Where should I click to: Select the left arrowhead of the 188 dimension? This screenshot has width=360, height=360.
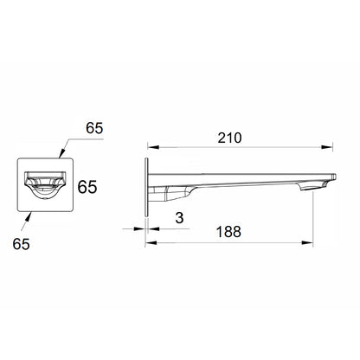(148, 243)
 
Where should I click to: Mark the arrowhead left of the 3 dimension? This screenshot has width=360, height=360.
(140, 228)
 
